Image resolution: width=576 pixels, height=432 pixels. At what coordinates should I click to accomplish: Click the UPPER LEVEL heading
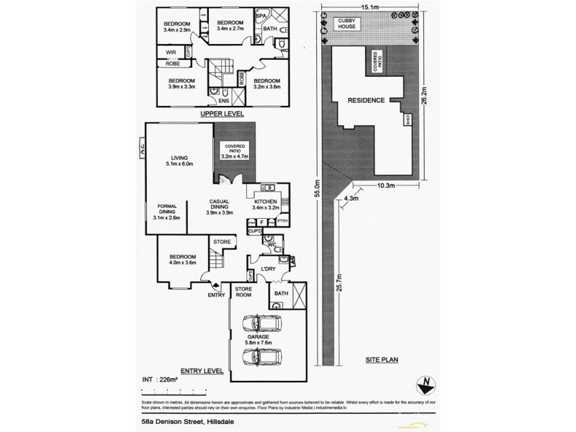222,114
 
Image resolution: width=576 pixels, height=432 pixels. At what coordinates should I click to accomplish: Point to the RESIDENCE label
365,100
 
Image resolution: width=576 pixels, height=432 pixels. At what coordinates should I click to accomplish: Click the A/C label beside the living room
143,150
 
